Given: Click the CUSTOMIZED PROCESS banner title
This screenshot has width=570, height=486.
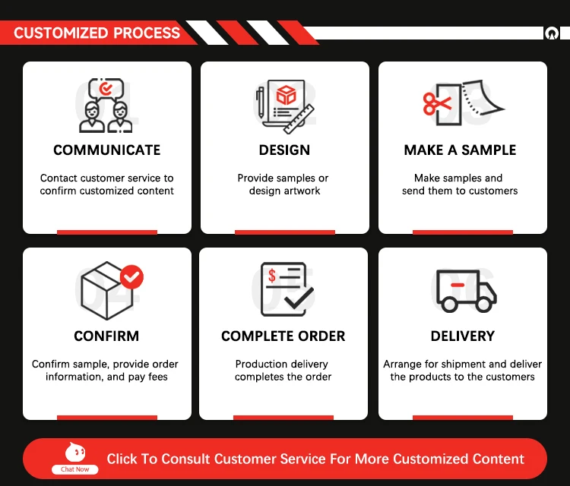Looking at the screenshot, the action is [97, 33].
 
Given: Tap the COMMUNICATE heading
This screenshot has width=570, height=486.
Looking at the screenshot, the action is [107, 150].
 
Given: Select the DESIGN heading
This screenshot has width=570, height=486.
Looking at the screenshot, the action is [284, 150].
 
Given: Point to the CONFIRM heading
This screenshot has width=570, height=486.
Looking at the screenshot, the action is [106, 336].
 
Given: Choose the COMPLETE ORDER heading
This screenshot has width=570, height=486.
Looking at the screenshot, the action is [283, 336].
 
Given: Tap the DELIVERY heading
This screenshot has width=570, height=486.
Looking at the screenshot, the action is [462, 336].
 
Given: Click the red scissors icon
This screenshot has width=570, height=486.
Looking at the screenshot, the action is [437, 103].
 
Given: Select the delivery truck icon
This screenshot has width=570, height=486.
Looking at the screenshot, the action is [466, 290].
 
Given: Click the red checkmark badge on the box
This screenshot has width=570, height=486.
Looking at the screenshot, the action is [132, 276].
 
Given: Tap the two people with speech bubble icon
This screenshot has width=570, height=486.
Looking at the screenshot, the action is [106, 106].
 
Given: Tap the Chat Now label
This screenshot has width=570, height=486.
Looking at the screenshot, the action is [75, 469].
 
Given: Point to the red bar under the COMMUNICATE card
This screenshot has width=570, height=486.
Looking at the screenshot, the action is [107, 232].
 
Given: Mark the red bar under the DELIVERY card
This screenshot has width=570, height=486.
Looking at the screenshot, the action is [462, 417].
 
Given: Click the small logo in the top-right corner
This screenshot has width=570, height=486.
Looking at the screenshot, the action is [551, 33].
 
